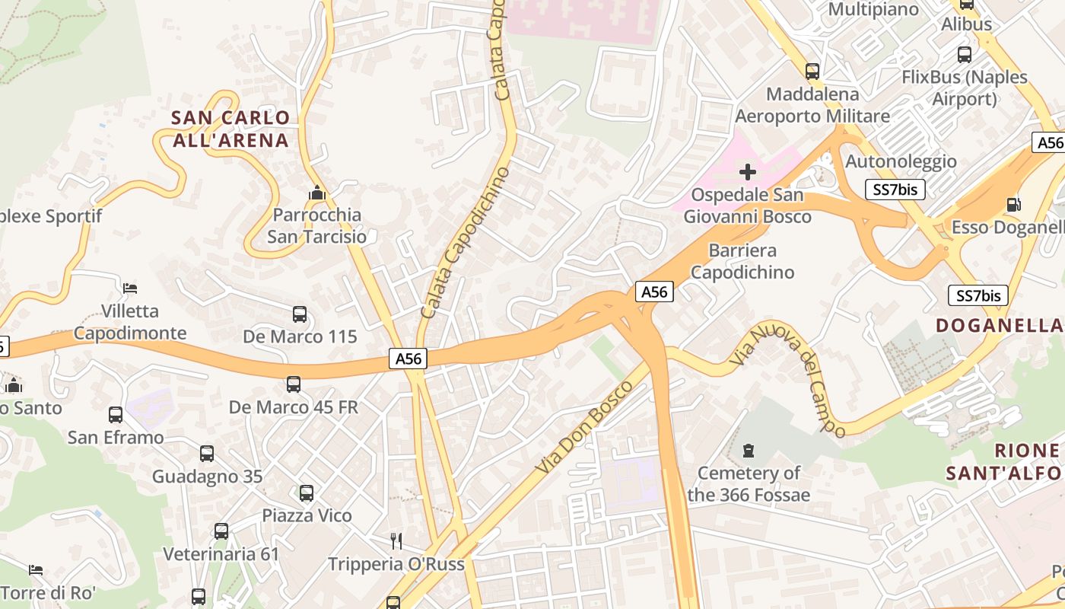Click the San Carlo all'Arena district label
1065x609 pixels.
pos(230,129)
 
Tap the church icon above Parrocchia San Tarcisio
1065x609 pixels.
pos(316,193)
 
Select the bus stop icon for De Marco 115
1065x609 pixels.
pos(300,314)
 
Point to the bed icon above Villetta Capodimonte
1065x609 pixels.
pos(130,289)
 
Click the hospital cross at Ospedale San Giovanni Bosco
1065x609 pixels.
pos(748,172)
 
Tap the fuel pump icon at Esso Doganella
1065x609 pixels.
pos(1013,204)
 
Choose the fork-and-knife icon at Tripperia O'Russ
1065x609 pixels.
pos(396,541)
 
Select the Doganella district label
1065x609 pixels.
pos(998,326)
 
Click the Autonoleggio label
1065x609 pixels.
pos(901,161)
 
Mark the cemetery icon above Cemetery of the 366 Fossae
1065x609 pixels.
pos(749,451)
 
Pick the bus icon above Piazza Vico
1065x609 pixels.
pos(307,493)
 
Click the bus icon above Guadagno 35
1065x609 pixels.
pos(207,454)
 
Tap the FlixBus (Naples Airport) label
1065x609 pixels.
pos(964,88)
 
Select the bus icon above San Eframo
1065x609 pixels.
pos(116,415)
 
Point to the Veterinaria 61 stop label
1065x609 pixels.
pos(221,554)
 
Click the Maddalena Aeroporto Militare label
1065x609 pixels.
pos(812,105)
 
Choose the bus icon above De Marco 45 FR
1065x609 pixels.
pos(294,384)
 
